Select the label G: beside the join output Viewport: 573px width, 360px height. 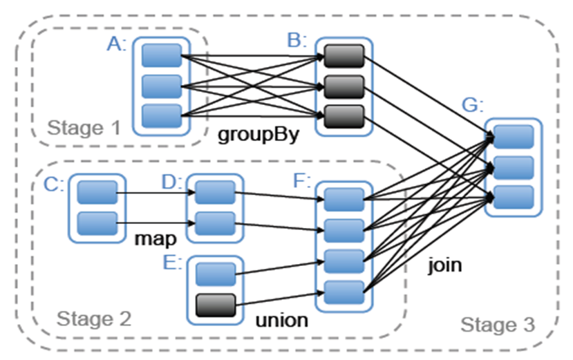point(473,106)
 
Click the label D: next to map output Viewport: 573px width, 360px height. point(171,184)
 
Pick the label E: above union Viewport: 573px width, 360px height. point(172,263)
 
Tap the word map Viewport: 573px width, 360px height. point(154,239)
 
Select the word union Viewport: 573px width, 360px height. point(281,321)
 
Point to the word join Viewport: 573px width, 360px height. point(445,265)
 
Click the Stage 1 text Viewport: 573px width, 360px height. point(83,128)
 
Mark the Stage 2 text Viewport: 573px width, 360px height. point(93,319)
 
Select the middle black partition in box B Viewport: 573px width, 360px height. point(344,86)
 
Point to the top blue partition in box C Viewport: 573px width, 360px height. point(96,193)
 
